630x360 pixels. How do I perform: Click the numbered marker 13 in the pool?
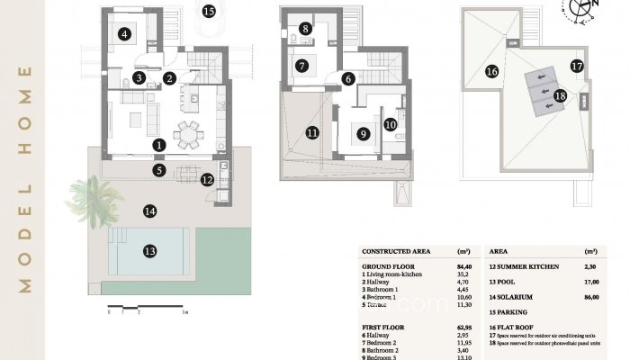[149, 251]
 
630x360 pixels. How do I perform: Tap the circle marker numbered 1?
[158, 144]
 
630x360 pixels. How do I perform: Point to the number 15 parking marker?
[209, 12]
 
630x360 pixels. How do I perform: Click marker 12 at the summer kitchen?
[208, 179]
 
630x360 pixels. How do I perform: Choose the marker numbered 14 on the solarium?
[149, 211]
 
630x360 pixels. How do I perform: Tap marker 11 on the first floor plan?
[311, 132]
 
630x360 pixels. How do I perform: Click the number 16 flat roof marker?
[491, 71]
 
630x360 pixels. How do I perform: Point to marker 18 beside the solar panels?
[561, 95]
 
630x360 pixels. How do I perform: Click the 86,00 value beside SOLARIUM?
[591, 296]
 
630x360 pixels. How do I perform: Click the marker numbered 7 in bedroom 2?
[302, 66]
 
